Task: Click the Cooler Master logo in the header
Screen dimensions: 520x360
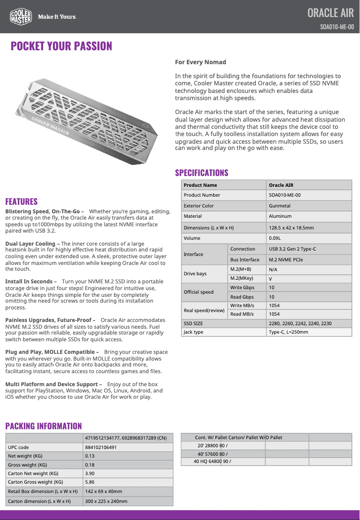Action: [x=21, y=17]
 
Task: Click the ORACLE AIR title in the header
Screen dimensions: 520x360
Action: [x=330, y=13]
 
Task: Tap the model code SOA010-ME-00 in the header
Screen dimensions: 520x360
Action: [x=337, y=26]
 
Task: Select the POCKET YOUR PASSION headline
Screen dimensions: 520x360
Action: [x=61, y=46]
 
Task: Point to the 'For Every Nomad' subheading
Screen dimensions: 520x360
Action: [x=200, y=62]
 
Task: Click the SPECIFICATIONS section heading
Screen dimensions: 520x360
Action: [x=202, y=173]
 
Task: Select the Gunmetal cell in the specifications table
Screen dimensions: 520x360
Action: [x=280, y=206]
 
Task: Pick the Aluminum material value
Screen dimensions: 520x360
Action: [x=280, y=216]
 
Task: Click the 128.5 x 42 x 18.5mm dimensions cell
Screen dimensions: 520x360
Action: [x=291, y=228]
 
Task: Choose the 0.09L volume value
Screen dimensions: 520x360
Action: [x=275, y=238]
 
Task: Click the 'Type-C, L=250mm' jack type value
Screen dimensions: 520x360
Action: [x=288, y=332]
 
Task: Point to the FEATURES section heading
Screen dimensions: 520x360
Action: [x=22, y=202]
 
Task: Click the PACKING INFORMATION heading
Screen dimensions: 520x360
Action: [x=44, y=426]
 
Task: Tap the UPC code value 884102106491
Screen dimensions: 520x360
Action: [x=101, y=447]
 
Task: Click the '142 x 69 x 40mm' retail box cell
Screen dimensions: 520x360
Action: [x=104, y=491]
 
